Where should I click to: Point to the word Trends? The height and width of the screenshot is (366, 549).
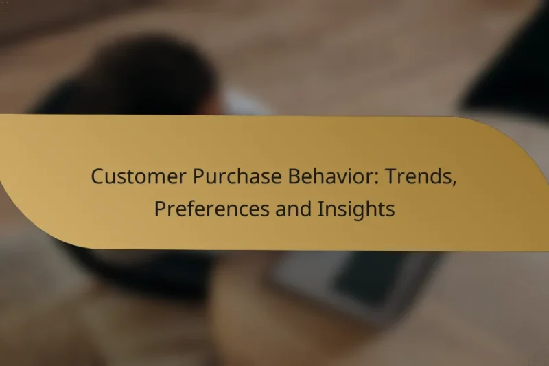pos(415,176)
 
